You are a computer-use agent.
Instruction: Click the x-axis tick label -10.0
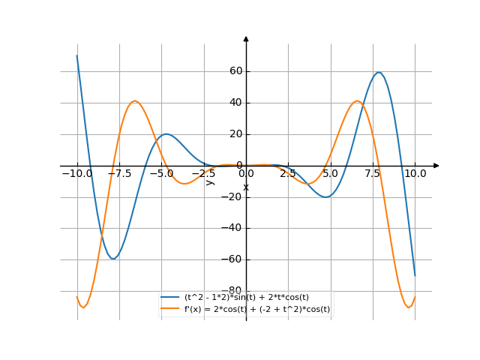(x=76, y=173)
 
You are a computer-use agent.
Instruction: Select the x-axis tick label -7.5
(x=118, y=173)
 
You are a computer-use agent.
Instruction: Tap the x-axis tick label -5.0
(x=161, y=173)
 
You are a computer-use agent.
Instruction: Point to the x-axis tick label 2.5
(x=288, y=173)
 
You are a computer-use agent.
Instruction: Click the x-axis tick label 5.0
(x=331, y=173)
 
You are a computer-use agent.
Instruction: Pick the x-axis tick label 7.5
(x=373, y=173)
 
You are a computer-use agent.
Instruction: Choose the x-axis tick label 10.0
(x=415, y=173)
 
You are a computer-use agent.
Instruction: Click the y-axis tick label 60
(x=235, y=71)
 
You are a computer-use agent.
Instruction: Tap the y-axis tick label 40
(x=235, y=103)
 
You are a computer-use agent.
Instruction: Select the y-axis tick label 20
(x=235, y=134)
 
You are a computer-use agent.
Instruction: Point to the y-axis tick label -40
(x=233, y=228)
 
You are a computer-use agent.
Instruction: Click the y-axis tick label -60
(x=233, y=259)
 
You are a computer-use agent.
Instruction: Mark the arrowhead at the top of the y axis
(x=246, y=38)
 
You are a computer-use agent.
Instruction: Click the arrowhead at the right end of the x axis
(x=436, y=165)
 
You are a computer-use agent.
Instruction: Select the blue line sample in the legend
(x=170, y=297)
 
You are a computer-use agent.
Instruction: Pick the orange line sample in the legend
(x=170, y=308)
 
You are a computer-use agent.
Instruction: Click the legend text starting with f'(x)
(x=257, y=308)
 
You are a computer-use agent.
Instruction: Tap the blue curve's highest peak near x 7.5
(x=379, y=73)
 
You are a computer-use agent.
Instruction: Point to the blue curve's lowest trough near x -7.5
(x=112, y=259)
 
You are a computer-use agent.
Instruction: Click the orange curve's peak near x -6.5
(x=134, y=100)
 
